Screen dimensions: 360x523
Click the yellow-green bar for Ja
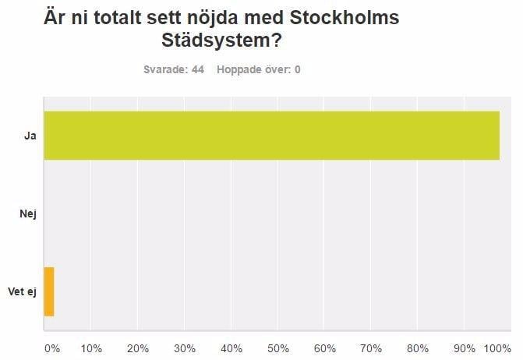(x=271, y=136)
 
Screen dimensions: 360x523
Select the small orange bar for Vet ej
(x=48, y=291)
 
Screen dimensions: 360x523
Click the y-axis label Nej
(x=28, y=214)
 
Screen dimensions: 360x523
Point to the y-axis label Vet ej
(x=23, y=291)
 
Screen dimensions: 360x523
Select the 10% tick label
(x=91, y=348)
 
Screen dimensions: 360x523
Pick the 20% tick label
(x=138, y=348)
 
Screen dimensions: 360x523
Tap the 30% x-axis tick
(x=185, y=348)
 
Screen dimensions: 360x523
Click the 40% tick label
(x=231, y=348)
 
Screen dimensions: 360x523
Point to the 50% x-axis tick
(x=278, y=348)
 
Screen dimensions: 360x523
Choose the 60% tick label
(x=325, y=348)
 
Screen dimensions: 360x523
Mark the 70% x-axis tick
(x=372, y=348)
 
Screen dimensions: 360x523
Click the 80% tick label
(x=418, y=348)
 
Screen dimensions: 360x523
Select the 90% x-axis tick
(x=465, y=348)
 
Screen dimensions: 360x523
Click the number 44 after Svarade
(x=198, y=69)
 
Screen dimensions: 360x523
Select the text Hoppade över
(x=251, y=69)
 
